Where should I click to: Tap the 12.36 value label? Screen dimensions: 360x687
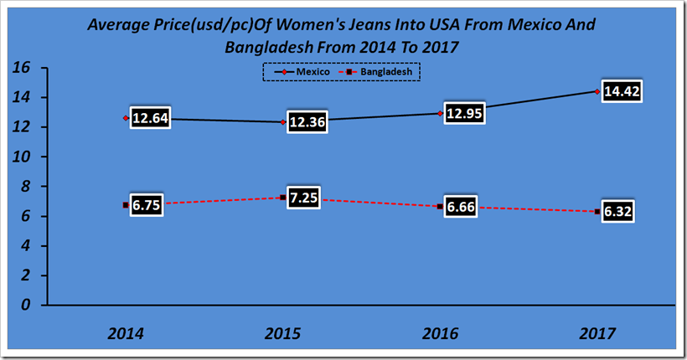pyautogui.click(x=308, y=121)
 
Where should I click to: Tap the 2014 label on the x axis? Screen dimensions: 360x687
pyautogui.click(x=125, y=333)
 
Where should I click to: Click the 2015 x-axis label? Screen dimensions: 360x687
pyautogui.click(x=282, y=333)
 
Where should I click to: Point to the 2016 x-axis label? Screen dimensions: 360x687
pyautogui.click(x=440, y=333)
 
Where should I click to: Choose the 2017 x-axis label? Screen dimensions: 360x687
pyautogui.click(x=597, y=333)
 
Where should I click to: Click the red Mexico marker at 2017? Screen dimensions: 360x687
pyautogui.click(x=597, y=91)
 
